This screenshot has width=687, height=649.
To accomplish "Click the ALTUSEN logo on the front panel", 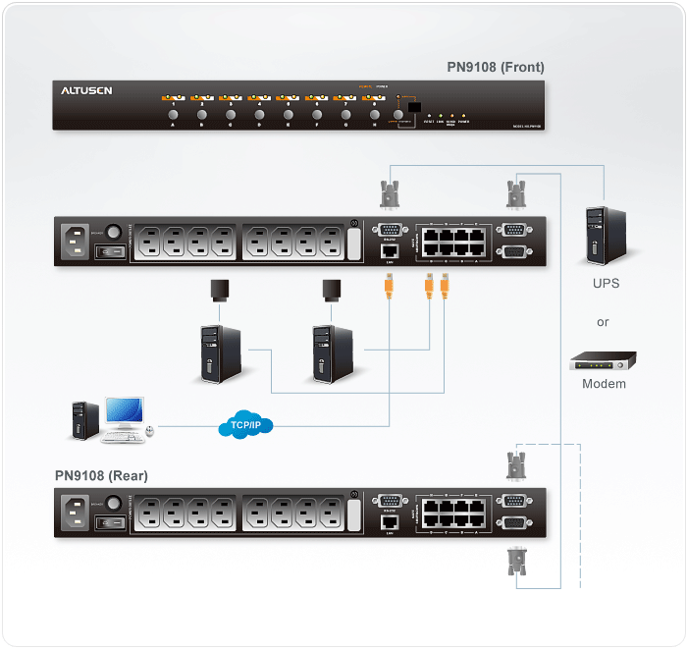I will (87, 91).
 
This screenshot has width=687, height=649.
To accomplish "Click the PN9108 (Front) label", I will (495, 68).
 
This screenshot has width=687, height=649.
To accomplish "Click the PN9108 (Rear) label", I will (101, 476).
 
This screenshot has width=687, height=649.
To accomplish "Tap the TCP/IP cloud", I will (245, 424).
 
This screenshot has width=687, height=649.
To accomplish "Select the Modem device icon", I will (603, 361).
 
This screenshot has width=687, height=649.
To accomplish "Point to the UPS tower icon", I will (603, 234).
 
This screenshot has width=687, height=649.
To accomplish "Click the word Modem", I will (604, 384).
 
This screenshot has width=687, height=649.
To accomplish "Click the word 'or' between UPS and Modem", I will (603, 322).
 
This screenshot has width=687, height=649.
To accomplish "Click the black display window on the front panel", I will (415, 107).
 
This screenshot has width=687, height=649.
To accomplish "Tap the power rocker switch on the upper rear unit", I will (111, 252).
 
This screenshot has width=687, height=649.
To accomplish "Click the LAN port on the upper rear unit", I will (388, 251).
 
